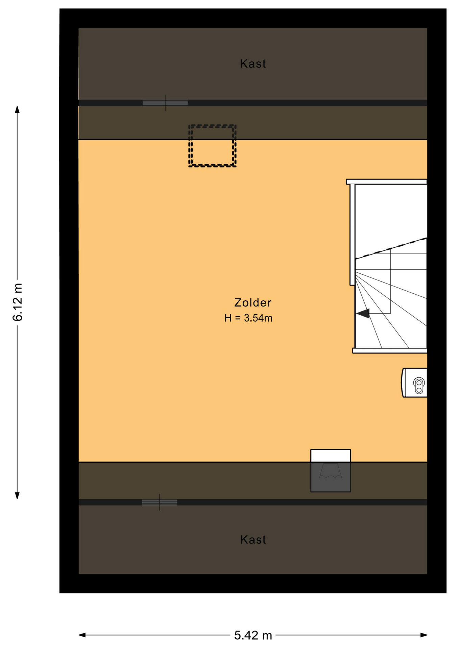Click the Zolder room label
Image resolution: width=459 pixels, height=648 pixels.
tap(253, 303)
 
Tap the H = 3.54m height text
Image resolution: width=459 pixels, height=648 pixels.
tap(248, 318)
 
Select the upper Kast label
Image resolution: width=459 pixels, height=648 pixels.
tap(253, 64)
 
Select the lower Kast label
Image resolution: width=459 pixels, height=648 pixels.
tap(253, 540)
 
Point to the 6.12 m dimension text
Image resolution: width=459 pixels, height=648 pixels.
tap(18, 302)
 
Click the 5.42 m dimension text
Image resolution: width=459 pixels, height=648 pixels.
tap(253, 636)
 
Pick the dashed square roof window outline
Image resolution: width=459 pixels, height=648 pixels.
tap(212, 146)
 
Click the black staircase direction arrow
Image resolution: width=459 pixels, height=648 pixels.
tap(363, 314)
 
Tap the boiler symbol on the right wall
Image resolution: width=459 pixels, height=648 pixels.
tap(414, 383)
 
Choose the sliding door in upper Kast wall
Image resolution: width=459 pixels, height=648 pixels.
tap(165, 103)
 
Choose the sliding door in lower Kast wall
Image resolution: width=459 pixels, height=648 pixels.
tap(159, 502)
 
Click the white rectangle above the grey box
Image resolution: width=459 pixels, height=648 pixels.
tap(331, 456)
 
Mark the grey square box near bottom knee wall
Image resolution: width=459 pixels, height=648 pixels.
tap(331, 477)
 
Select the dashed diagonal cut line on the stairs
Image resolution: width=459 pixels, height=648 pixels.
tap(391, 248)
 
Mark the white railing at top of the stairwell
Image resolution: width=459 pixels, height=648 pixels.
tap(387, 182)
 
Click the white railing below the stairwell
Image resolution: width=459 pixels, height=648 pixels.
tap(390, 351)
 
